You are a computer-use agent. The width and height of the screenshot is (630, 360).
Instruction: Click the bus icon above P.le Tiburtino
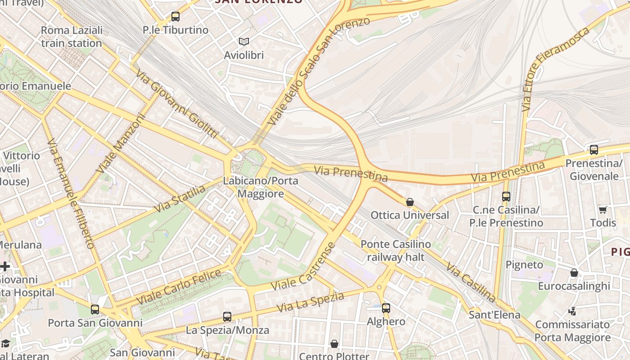175,17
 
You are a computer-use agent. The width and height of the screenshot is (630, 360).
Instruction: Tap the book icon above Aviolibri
244,42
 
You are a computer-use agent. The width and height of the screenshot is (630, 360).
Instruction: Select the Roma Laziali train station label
72,37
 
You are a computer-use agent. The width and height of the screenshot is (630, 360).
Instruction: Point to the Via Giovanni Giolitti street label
177,104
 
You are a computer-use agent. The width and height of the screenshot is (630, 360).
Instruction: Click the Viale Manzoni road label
121,144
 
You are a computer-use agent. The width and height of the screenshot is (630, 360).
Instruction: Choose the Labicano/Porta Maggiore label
261,187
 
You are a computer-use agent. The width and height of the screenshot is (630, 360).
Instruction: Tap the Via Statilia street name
180,198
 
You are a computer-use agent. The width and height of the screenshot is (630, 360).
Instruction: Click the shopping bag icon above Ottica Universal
409,202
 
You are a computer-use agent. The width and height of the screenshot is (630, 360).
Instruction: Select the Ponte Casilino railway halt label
396,251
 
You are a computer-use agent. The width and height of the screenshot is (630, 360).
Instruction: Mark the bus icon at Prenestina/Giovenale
594,149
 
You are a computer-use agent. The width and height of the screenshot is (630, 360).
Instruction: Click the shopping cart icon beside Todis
603,210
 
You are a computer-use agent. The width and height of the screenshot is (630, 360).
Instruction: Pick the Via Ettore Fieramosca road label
555,70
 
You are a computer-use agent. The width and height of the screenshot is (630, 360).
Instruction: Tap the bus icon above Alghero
386,308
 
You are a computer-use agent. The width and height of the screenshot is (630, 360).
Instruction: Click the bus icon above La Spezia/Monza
227,317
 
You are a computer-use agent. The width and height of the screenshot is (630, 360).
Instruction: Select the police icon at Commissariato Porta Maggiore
572,311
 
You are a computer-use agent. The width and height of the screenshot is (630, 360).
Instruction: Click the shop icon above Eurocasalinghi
574,273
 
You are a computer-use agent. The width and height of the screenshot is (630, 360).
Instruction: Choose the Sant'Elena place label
495,315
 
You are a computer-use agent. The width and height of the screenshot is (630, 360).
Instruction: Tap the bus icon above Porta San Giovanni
95,310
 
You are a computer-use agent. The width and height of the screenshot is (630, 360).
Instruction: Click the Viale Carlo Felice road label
178,287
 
